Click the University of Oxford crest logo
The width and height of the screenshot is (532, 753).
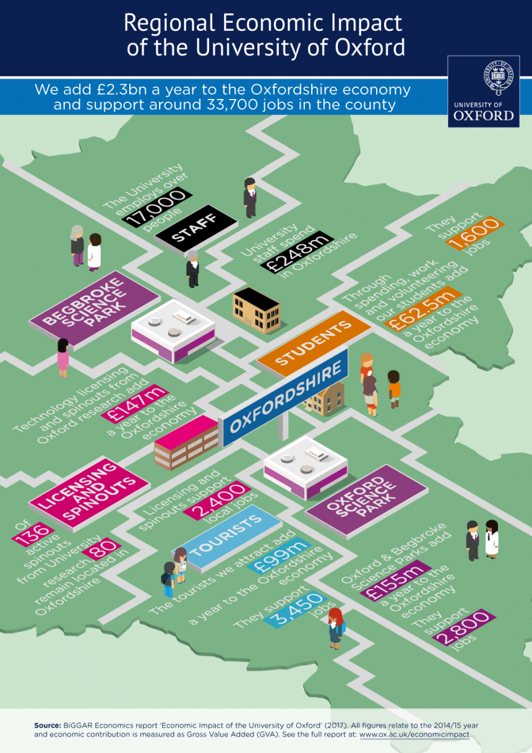point(484,92)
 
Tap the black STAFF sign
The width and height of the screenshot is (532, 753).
point(196,228)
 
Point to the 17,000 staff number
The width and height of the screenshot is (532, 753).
point(157,207)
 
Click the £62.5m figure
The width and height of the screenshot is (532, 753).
point(423,308)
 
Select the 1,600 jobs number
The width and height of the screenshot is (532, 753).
point(475,233)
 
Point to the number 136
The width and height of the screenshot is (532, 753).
point(33,535)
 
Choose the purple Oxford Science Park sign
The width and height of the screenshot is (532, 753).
point(366,501)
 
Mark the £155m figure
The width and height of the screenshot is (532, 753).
point(395,580)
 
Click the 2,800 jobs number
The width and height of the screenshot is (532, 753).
point(464,626)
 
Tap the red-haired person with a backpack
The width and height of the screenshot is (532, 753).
point(336,628)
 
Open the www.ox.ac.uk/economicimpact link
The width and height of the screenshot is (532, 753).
point(414,734)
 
